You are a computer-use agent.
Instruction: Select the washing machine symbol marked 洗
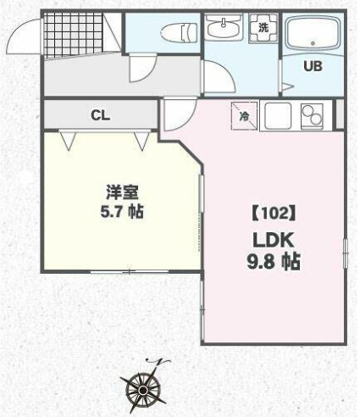(263, 28)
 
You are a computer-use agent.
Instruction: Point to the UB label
(313, 67)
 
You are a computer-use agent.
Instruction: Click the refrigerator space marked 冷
(244, 116)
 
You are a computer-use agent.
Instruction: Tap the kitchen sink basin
(276, 116)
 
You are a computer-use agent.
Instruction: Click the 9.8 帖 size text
(273, 262)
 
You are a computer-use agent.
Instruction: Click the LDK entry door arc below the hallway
(176, 115)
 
